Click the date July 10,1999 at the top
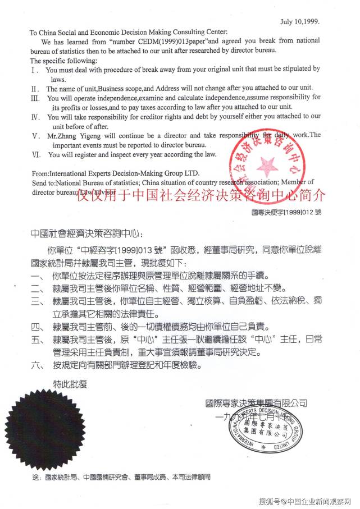coord(299,21)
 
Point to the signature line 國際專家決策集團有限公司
coord(256,403)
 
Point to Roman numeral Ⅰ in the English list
coord(35,70)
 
